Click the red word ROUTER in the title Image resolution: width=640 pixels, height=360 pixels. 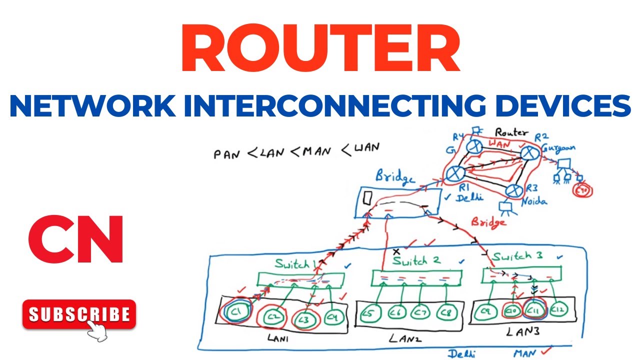click(x=320, y=50)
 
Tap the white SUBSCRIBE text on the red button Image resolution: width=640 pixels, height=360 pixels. click(x=79, y=314)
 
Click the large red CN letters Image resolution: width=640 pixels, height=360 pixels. click(x=75, y=239)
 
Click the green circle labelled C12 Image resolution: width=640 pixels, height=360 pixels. click(x=558, y=311)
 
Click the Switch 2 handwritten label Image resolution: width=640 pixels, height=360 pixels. click(x=416, y=261)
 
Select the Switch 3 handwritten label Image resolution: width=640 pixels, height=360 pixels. click(x=517, y=257)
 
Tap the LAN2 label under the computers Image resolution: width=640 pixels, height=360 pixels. click(x=403, y=338)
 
